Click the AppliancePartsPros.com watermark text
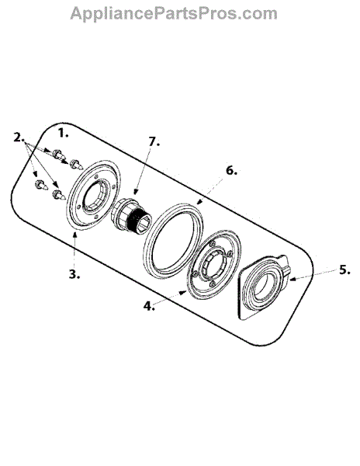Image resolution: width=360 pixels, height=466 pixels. pyautogui.click(x=174, y=14)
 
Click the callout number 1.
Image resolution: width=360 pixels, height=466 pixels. pyautogui.click(x=63, y=133)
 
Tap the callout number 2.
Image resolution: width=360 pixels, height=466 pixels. pyautogui.click(x=19, y=137)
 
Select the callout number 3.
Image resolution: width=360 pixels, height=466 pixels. pyautogui.click(x=74, y=274)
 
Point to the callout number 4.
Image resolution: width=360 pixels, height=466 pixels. pyautogui.click(x=149, y=305)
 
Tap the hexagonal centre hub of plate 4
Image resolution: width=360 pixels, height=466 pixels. pyautogui.click(x=213, y=263)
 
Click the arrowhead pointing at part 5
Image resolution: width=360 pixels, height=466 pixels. pyautogui.click(x=293, y=278)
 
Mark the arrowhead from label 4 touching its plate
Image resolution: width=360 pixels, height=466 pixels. pyautogui.click(x=183, y=293)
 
